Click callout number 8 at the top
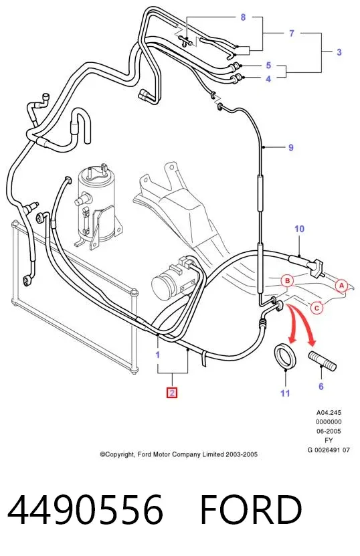[243, 17]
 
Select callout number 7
[292, 33]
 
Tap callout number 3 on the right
[339, 52]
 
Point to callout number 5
[268, 66]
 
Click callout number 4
[268, 79]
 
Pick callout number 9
[291, 147]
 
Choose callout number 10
[299, 229]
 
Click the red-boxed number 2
[172, 393]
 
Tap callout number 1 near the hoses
[158, 355]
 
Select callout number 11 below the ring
[285, 393]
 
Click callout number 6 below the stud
[321, 386]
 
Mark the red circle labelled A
[341, 286]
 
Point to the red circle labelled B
[288, 281]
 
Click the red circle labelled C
[317, 308]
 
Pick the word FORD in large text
[251, 509]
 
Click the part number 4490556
[85, 509]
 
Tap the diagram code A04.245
[329, 412]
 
